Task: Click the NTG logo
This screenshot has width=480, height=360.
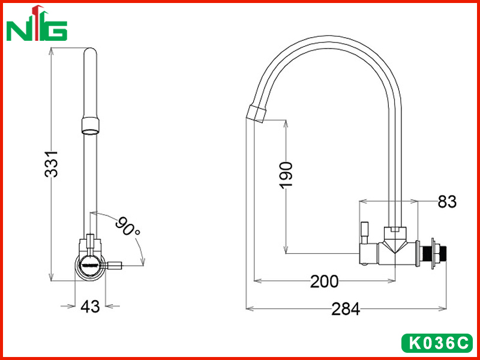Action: point(37,23)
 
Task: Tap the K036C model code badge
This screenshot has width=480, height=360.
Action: point(437,343)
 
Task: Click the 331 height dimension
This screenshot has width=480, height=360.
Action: point(51,164)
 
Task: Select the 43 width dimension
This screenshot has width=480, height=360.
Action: point(90,306)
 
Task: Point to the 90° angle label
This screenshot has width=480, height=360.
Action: point(127,227)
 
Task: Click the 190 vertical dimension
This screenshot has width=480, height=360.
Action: point(286,175)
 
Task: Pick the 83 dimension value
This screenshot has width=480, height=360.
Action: point(447,202)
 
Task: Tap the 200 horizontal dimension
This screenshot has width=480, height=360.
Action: point(325,281)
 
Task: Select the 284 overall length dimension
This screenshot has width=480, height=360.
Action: point(346,309)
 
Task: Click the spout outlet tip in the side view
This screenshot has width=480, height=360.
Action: point(256,114)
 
